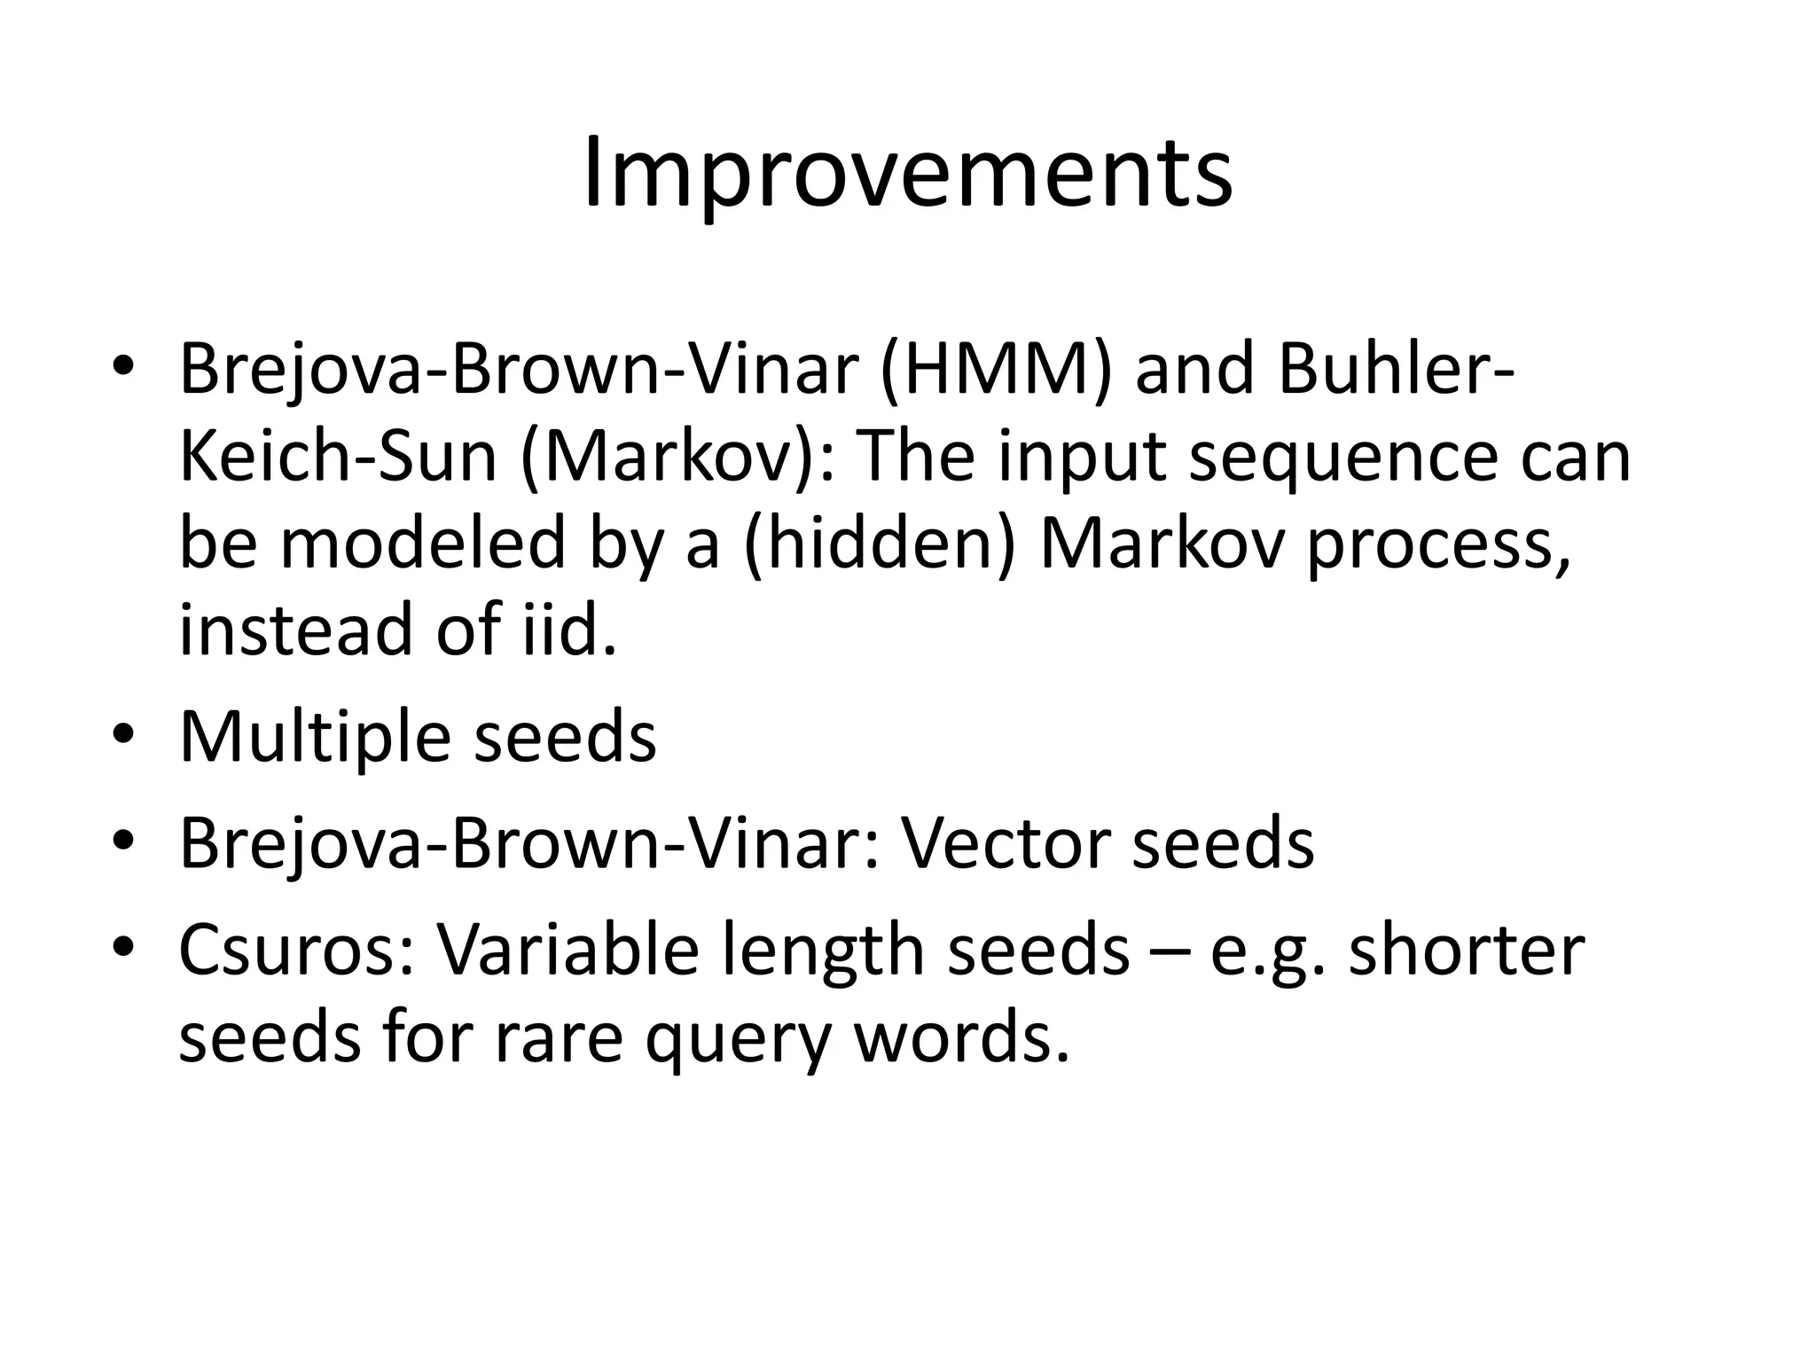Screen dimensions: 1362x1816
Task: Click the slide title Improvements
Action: pyautogui.click(x=907, y=174)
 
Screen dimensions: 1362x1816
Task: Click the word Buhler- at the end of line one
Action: pyautogui.click(x=1397, y=370)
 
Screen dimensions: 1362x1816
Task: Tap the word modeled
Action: pyautogui.click(x=423, y=543)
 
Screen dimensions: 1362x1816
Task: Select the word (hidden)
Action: pyautogui.click(x=879, y=543)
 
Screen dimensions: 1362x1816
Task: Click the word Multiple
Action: pyautogui.click(x=314, y=738)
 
